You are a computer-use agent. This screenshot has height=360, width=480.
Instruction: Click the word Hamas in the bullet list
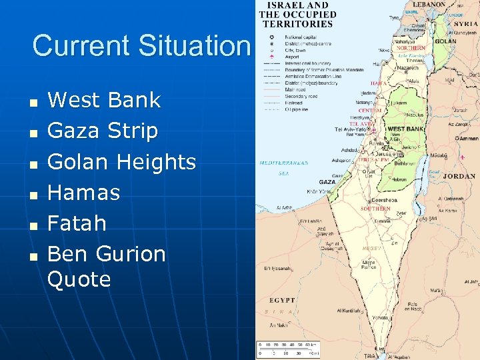(x=83, y=193)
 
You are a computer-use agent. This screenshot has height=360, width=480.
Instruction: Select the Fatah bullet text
(x=77, y=223)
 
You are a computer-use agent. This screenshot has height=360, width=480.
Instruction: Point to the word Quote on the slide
(x=79, y=279)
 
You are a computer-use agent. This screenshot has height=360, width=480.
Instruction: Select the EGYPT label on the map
(x=282, y=301)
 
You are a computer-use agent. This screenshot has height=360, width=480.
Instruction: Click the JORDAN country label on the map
(x=459, y=177)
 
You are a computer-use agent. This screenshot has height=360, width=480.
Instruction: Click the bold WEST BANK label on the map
(x=405, y=129)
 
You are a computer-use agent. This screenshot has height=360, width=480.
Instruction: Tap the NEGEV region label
(x=371, y=248)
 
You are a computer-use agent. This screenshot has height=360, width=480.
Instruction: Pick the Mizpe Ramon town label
(x=369, y=265)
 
